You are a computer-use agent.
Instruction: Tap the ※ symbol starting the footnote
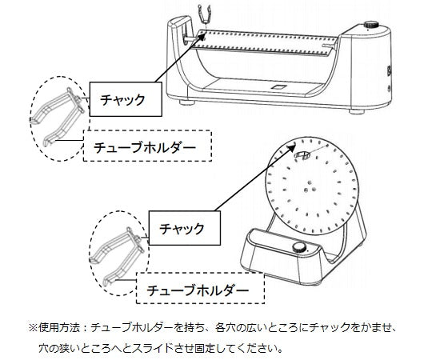click(x=33, y=328)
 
